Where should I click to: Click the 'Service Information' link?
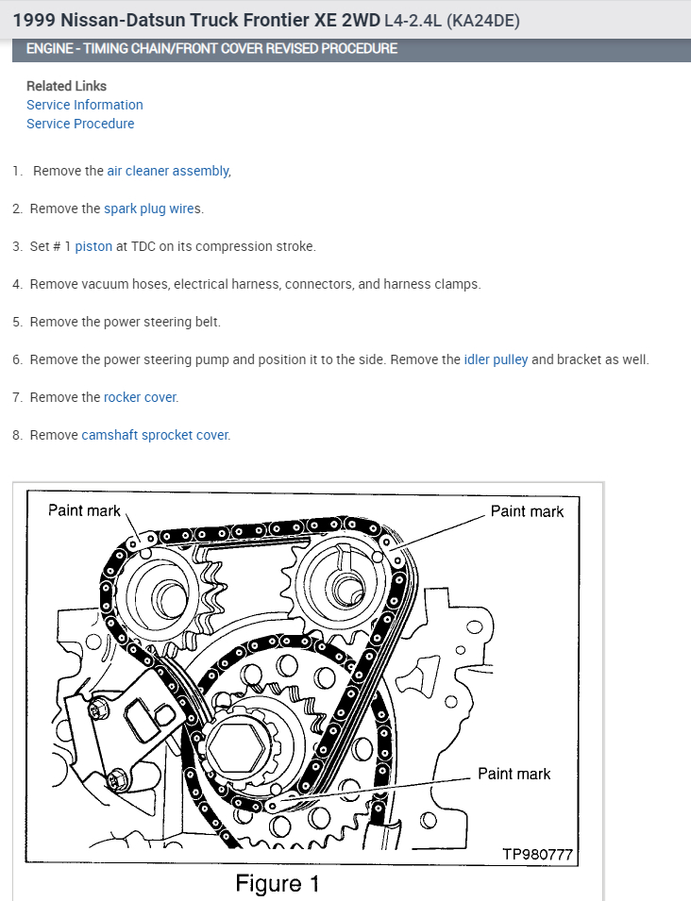[x=85, y=105]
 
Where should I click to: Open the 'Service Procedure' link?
[x=80, y=124]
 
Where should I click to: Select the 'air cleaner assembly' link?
[x=167, y=171]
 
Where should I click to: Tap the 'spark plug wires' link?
[x=152, y=209]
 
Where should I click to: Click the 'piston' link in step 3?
[x=93, y=246]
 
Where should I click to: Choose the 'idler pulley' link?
[x=496, y=359]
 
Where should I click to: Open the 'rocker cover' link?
[x=140, y=397]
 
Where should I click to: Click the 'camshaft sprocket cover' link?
[x=155, y=435]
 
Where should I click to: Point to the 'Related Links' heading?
[x=66, y=86]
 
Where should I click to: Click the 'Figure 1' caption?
[x=277, y=884]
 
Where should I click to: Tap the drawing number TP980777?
[x=537, y=855]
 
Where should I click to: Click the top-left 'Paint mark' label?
[x=84, y=510]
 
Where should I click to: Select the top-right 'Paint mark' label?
[x=527, y=511]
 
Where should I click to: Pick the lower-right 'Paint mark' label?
[x=514, y=774]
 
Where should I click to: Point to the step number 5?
[x=17, y=322]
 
